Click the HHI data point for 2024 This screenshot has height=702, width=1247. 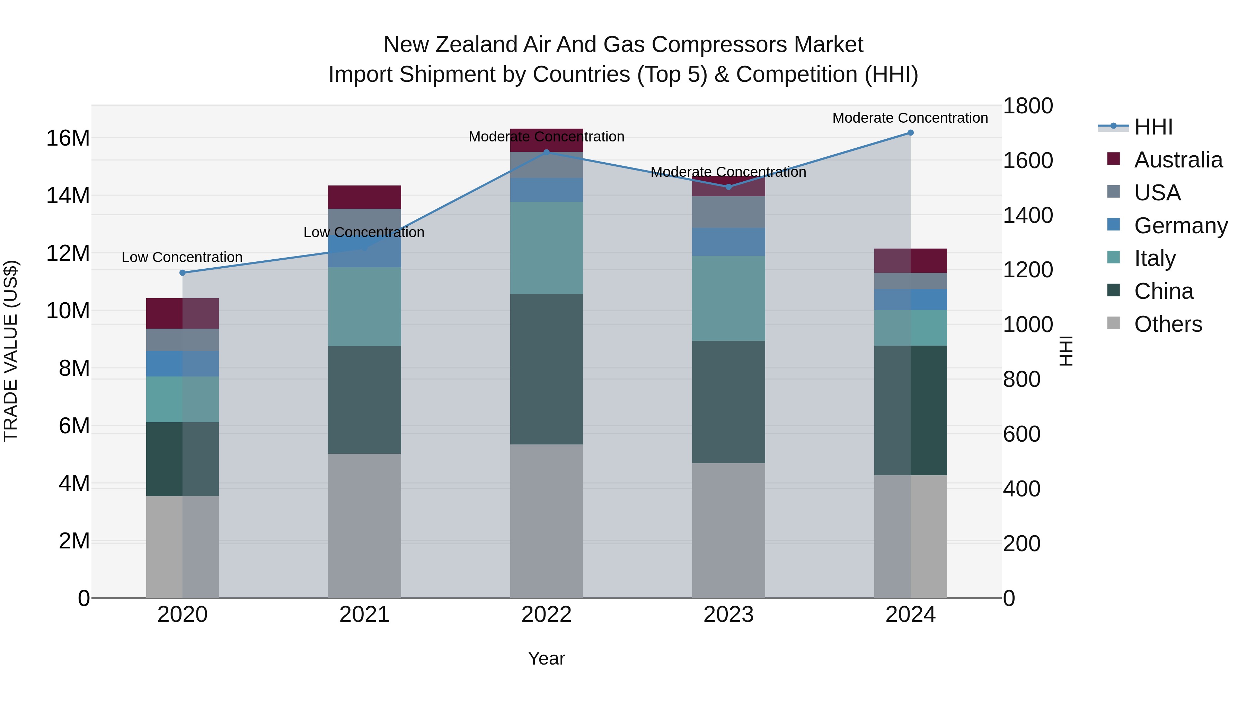(910, 133)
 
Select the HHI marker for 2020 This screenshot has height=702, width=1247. (183, 273)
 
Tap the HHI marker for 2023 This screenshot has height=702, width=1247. (728, 187)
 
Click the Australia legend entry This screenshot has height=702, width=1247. (1178, 160)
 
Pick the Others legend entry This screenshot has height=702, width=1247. (1168, 324)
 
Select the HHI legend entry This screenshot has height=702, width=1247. (1153, 127)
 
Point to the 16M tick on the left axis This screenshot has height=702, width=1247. (68, 138)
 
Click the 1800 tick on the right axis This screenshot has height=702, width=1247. (1027, 106)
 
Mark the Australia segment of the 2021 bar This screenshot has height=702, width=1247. (364, 197)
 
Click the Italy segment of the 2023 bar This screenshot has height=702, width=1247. (728, 298)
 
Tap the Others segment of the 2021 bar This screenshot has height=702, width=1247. (364, 526)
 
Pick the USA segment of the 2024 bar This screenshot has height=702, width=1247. (910, 281)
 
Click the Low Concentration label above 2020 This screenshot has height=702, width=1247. (182, 257)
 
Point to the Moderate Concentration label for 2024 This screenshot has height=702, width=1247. (910, 118)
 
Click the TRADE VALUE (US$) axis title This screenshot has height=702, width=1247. (11, 351)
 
